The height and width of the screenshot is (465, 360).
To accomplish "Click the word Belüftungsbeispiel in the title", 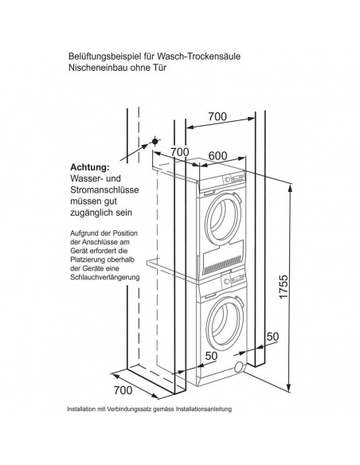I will click(101, 57).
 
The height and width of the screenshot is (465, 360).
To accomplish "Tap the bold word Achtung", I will click(89, 167).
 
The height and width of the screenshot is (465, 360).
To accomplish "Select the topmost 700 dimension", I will click(216, 117).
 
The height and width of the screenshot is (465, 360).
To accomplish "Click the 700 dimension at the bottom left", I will click(122, 391).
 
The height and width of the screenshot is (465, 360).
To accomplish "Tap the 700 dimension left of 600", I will click(178, 152).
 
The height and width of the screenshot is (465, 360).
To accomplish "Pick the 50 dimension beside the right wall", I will click(272, 338).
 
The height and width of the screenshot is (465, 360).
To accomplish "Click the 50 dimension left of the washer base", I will click(210, 355).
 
